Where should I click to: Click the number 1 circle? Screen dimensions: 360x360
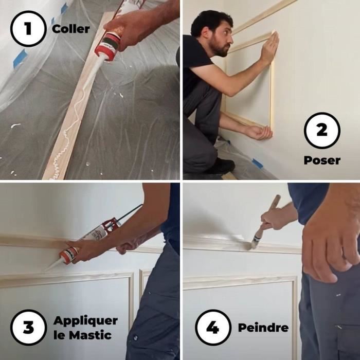click(x=27, y=29)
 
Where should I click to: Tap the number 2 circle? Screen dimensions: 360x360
click(x=321, y=131)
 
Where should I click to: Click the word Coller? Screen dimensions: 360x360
click(x=70, y=29)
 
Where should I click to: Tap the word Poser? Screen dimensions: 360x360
click(x=321, y=160)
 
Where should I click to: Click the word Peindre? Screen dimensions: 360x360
click(x=263, y=328)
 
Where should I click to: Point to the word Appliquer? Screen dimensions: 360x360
click(x=85, y=321)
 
